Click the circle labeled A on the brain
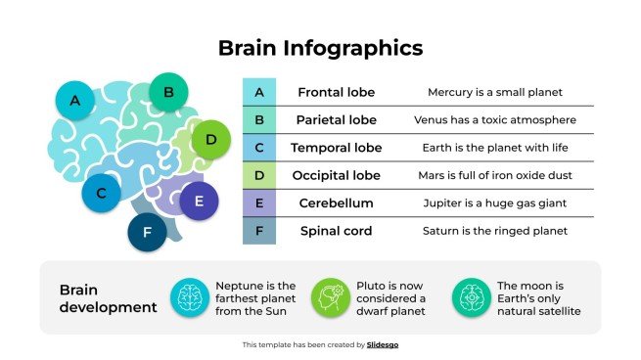point(74,100)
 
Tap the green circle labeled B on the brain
point(168,93)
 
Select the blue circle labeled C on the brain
point(100,193)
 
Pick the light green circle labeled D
point(210,140)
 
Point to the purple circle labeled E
point(199,201)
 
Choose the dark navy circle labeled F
point(148,232)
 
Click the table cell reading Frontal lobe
point(336,92)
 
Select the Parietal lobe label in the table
point(336,120)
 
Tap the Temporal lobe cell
point(336,148)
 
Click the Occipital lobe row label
point(336,176)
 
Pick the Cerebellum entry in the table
point(336,203)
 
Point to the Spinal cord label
point(336,231)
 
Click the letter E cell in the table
point(259,203)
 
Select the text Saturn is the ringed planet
point(494,231)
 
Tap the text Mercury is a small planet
point(494,92)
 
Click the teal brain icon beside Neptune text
point(190,297)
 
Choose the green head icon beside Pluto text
point(331,297)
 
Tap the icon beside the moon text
point(472,297)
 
